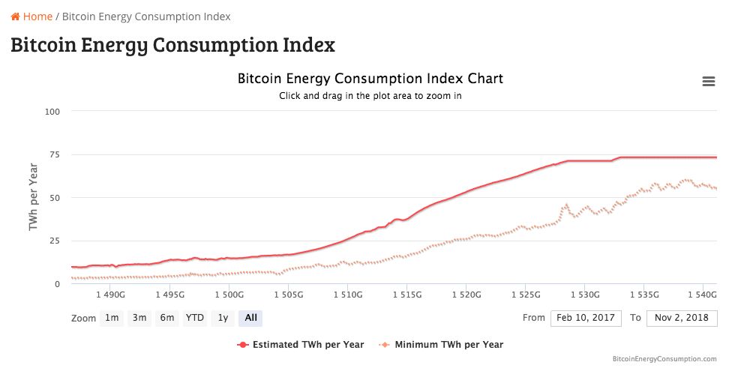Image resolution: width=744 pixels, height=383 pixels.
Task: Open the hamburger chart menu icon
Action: (708, 82)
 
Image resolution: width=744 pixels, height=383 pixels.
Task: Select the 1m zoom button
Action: (112, 318)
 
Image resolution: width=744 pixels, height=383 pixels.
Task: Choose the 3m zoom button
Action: (139, 318)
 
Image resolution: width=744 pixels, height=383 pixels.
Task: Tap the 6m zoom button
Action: (166, 318)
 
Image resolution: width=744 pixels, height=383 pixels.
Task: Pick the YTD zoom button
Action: (195, 318)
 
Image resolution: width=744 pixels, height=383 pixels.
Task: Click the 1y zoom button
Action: (223, 318)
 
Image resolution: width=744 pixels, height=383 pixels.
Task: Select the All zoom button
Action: (250, 318)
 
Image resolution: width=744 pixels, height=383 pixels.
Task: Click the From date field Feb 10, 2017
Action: (586, 318)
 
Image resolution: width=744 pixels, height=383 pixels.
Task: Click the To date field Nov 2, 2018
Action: (681, 318)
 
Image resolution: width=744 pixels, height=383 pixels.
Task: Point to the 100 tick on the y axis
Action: (52, 112)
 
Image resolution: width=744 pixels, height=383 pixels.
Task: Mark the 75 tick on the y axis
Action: (55, 154)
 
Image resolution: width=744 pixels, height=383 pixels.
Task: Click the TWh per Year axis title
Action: (34, 197)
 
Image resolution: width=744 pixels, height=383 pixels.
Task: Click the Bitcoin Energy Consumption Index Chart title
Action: (370, 79)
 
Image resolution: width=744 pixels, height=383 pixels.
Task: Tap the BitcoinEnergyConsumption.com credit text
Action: (664, 359)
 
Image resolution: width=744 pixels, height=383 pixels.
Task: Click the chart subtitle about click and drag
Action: (370, 96)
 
